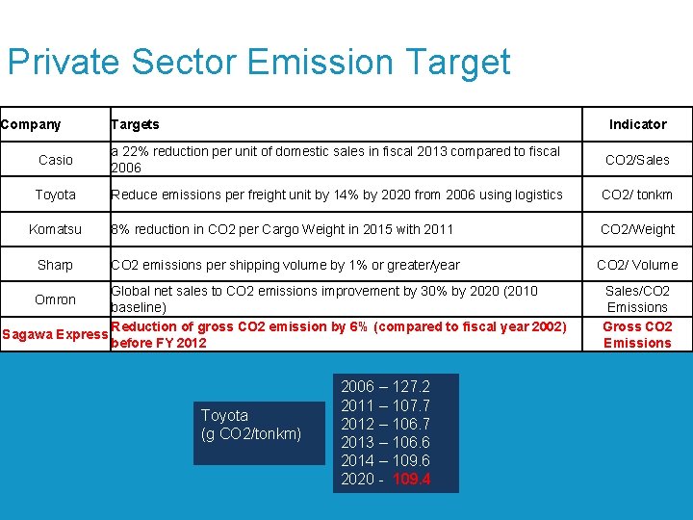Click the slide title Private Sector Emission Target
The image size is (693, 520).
[x=258, y=63]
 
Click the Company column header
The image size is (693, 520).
[x=31, y=124]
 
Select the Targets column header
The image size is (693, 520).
[x=135, y=124]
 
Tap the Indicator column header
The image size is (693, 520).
[x=637, y=124]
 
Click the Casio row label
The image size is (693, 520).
[x=55, y=160]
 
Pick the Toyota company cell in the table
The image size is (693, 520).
[x=55, y=195]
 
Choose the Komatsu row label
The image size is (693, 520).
[x=55, y=229]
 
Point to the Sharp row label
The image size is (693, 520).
[x=55, y=265]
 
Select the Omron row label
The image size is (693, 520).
[x=55, y=299]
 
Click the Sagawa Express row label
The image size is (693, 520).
[x=55, y=335]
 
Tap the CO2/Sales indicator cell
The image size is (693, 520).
[x=637, y=160]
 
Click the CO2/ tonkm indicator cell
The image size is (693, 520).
[x=637, y=195]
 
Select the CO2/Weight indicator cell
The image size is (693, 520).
[x=637, y=229]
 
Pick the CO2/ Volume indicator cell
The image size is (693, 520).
[x=637, y=265]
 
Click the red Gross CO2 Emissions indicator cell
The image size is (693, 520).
[x=637, y=334]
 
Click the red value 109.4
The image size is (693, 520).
[x=412, y=480]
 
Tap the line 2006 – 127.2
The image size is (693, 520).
[x=386, y=387]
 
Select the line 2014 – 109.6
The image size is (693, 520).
[x=386, y=461]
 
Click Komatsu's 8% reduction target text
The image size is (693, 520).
[x=282, y=229]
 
